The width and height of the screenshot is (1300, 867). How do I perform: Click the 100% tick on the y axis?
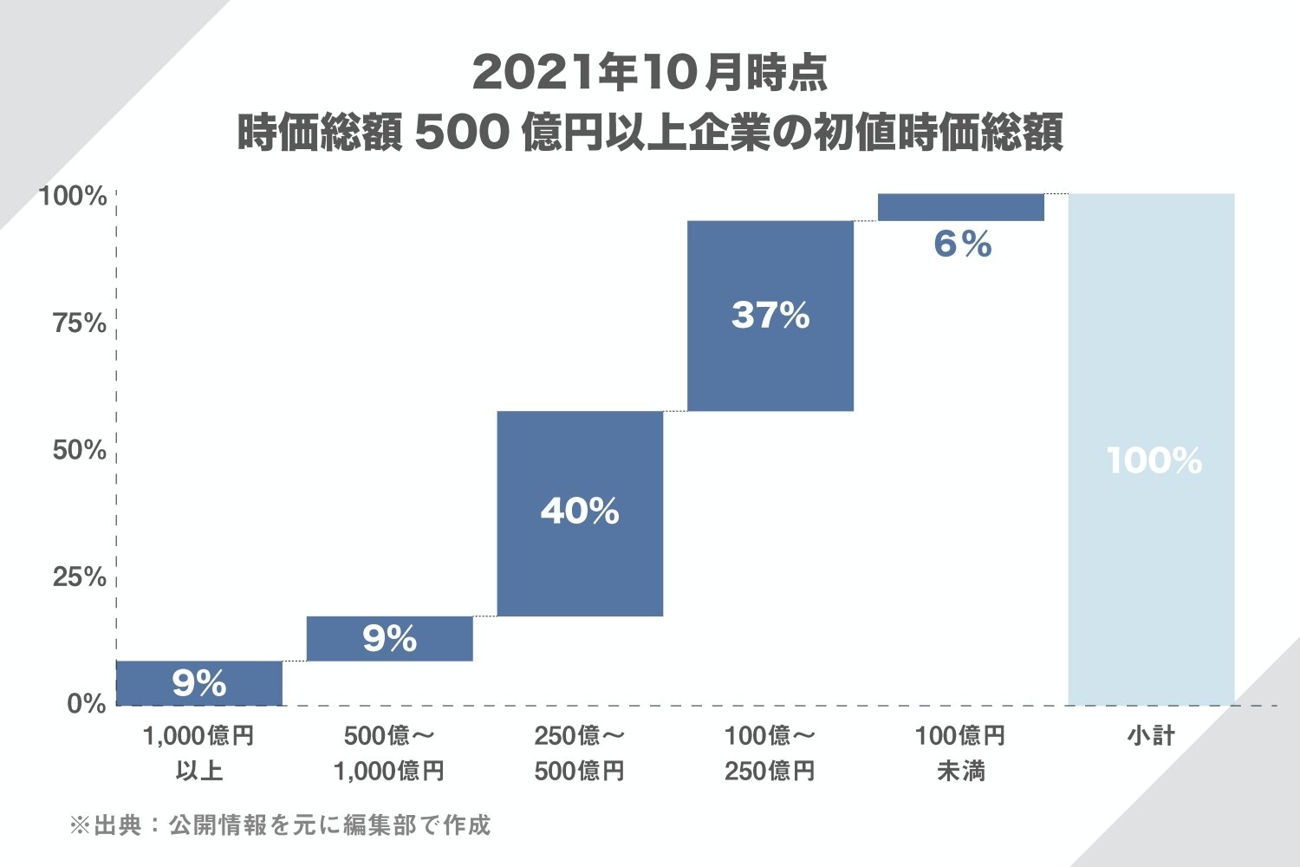73,197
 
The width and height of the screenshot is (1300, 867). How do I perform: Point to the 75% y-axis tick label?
80,324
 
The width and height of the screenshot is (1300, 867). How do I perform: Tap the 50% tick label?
80,451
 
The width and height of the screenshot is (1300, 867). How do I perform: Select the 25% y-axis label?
80,577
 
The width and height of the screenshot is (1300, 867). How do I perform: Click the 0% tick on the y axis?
87,704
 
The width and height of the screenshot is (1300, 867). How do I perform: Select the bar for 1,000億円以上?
199,683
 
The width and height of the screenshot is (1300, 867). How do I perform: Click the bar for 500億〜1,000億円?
390,639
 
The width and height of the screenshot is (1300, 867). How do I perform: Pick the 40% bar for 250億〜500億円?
580,513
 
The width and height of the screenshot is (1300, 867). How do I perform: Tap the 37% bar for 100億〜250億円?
770,316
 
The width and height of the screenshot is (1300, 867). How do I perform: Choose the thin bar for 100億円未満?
961,207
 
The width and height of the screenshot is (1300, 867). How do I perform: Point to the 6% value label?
962,244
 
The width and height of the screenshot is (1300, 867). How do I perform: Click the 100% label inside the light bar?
1154,460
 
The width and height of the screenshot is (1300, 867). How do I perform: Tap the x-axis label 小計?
1151,736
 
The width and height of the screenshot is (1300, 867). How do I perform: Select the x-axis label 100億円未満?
961,753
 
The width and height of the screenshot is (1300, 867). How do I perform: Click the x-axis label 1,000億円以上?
199,753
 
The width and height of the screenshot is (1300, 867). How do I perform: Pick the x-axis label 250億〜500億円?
580,753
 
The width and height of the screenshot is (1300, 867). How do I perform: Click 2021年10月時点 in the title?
650,73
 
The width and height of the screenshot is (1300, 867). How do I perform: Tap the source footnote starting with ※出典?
280,825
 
